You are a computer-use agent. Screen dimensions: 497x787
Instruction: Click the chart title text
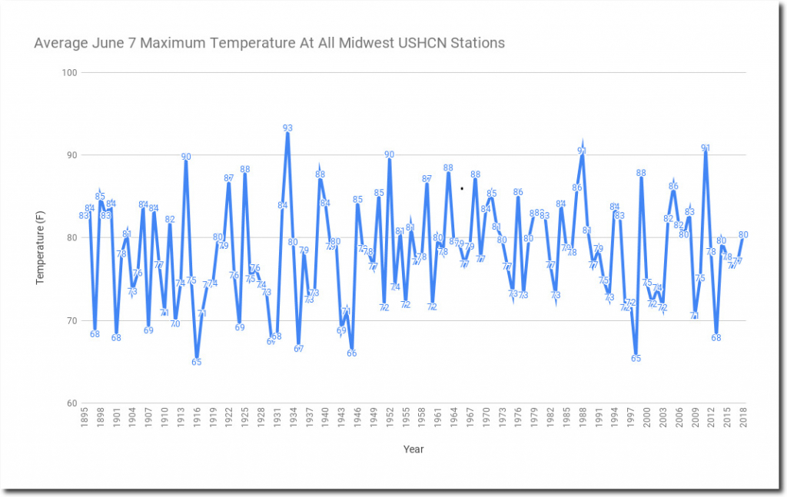coord(269,43)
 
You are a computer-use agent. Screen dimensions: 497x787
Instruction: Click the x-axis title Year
coord(413,449)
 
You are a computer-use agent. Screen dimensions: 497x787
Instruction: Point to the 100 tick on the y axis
coord(70,72)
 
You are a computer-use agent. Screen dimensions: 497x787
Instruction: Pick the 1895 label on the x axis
coord(84,421)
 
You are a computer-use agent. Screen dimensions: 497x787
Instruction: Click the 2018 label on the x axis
coord(744,421)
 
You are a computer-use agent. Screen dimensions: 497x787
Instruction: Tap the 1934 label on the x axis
coord(293,421)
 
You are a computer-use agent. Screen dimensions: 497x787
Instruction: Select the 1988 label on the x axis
coord(583,421)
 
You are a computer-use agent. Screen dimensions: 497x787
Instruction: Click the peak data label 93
coord(287,128)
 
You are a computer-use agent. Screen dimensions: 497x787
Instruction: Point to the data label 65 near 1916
coord(197,362)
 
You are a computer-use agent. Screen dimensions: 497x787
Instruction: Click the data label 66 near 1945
coord(351,353)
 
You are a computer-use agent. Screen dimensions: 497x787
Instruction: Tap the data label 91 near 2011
coord(706,148)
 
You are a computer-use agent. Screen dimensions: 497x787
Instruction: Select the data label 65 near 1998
coord(636,358)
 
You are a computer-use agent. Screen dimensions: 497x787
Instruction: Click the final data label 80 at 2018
coord(743,235)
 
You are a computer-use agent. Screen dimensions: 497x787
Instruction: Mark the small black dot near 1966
coord(461,188)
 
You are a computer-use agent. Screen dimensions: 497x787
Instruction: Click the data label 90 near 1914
coord(186,157)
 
